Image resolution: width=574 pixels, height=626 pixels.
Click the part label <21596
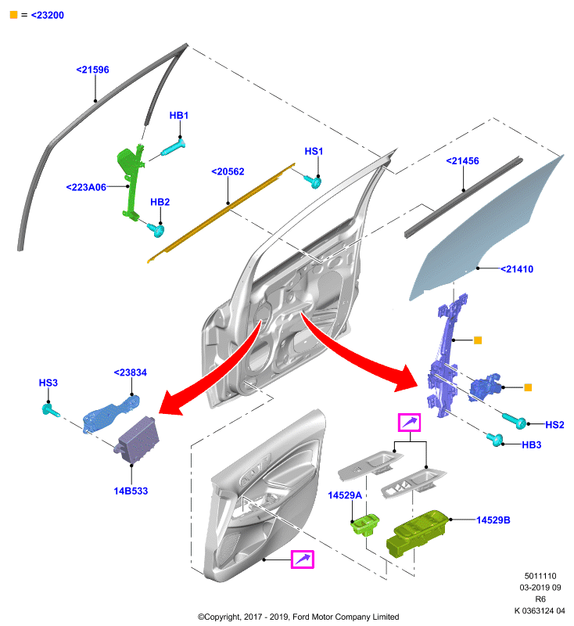point(92,70)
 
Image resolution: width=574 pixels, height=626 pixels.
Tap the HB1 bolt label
point(179,115)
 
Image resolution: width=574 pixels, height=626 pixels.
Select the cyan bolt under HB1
point(173,147)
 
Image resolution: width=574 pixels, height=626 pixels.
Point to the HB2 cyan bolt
point(156,229)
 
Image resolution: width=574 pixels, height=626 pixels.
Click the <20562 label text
point(228,171)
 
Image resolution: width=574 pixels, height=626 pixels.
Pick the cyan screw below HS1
point(313,182)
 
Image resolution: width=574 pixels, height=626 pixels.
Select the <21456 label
point(462,161)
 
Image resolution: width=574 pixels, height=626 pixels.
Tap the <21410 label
point(517,269)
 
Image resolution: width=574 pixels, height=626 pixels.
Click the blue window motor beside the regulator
point(485,387)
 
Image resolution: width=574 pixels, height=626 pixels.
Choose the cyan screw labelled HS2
point(514,420)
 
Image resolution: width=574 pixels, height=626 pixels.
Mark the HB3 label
point(531,444)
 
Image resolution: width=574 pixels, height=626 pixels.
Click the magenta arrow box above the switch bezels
point(409,423)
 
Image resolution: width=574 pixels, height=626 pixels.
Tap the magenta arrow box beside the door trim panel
point(303,559)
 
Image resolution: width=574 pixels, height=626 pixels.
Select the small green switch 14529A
point(364,524)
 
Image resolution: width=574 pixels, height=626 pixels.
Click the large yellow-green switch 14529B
point(415,533)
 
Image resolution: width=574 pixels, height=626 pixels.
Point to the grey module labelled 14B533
point(137,440)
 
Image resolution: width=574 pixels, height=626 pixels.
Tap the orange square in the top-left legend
point(13,15)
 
